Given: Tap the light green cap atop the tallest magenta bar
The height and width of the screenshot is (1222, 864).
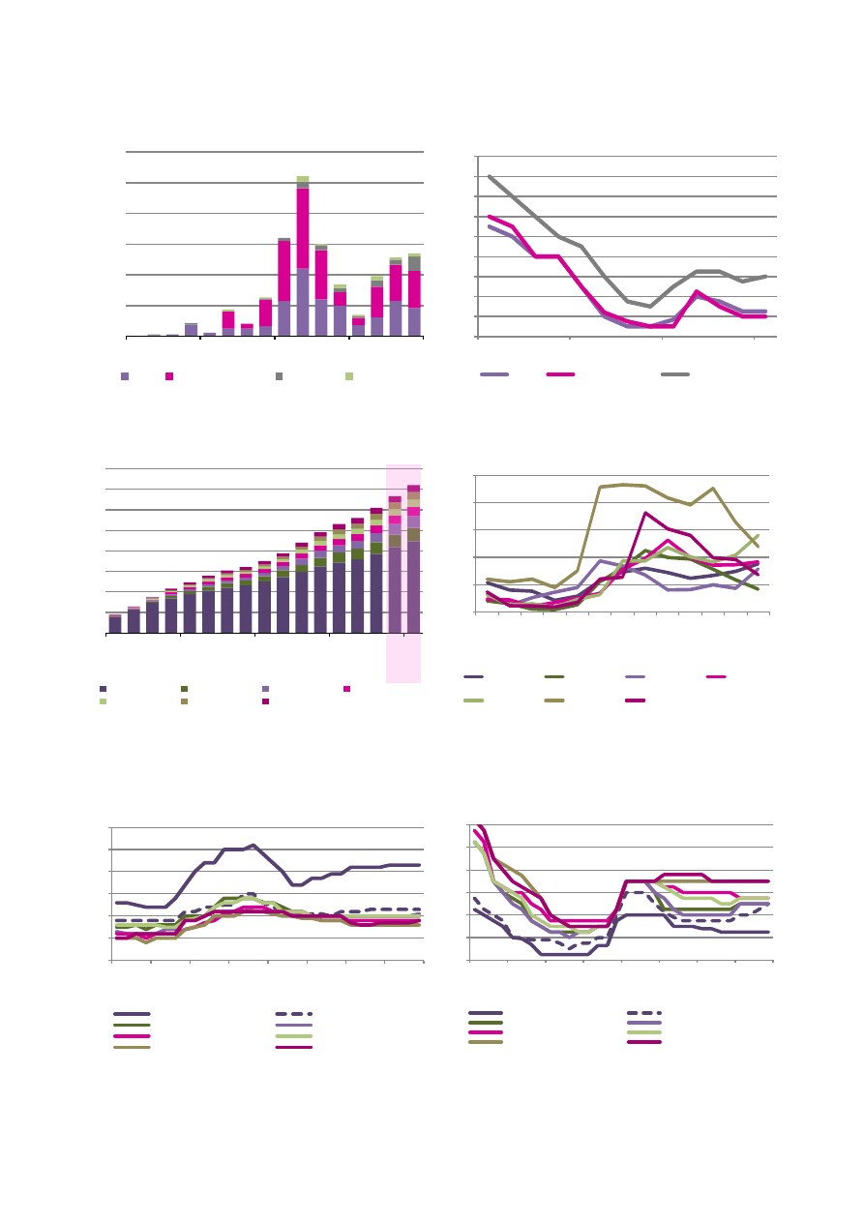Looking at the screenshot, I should coord(303,179).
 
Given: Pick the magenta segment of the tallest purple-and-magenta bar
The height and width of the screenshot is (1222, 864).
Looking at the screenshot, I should coord(303,227).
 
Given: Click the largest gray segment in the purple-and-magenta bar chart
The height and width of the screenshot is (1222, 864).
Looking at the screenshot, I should coord(414,263).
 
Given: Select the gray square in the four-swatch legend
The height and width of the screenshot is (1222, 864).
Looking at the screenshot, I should coord(280,375).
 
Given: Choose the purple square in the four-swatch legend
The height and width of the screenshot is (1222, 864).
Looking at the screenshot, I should coord(125,375).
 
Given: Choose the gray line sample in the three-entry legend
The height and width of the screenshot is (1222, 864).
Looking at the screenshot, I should coord(675,373).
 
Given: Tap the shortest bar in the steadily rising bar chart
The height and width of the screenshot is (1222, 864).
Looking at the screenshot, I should coord(115,624).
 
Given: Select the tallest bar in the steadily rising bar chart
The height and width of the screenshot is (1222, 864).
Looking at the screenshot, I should coord(413,581).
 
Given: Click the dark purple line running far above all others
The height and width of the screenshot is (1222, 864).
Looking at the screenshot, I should coord(252,846).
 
